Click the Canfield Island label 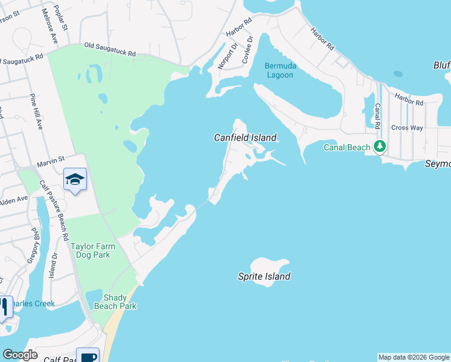[x=245, y=138]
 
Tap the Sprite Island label [x=264, y=276]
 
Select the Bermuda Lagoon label [x=279, y=70]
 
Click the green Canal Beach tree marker [x=380, y=146]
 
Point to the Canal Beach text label [x=347, y=147]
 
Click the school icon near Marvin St [x=75, y=179]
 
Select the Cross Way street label [x=407, y=128]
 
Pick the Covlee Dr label [x=247, y=50]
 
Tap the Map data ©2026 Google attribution [x=413, y=357]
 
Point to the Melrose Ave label [x=48, y=27]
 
